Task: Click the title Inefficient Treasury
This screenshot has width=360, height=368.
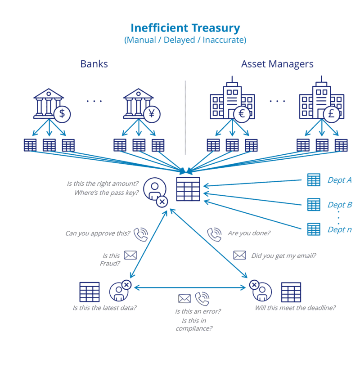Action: tap(185, 28)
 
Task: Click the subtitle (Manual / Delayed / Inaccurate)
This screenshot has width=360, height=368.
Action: tap(185, 40)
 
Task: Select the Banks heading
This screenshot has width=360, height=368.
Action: tap(94, 64)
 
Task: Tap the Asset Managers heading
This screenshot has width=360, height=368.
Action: tap(277, 64)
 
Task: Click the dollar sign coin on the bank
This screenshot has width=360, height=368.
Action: tap(62, 113)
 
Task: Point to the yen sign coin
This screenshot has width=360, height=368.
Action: tap(151, 113)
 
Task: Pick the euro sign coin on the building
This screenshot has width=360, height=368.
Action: tap(242, 113)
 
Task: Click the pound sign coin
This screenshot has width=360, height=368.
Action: tap(331, 113)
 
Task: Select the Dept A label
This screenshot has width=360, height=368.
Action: tap(339, 180)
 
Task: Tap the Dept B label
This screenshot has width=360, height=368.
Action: tap(339, 205)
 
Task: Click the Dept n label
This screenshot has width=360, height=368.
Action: tap(339, 230)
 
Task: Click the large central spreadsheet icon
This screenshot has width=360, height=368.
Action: tap(188, 189)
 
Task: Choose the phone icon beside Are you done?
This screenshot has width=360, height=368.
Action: tap(214, 234)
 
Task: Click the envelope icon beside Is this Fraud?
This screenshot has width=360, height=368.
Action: tap(130, 256)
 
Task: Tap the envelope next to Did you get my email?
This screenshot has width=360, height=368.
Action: tap(239, 256)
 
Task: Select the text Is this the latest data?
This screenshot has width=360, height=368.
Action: tap(104, 308)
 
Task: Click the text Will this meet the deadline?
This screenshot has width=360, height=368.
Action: tap(295, 308)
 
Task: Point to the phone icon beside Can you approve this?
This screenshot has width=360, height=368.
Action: tap(141, 234)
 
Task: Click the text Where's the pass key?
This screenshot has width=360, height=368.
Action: tap(107, 193)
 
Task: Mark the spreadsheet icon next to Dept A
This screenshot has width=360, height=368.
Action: tap(314, 180)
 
